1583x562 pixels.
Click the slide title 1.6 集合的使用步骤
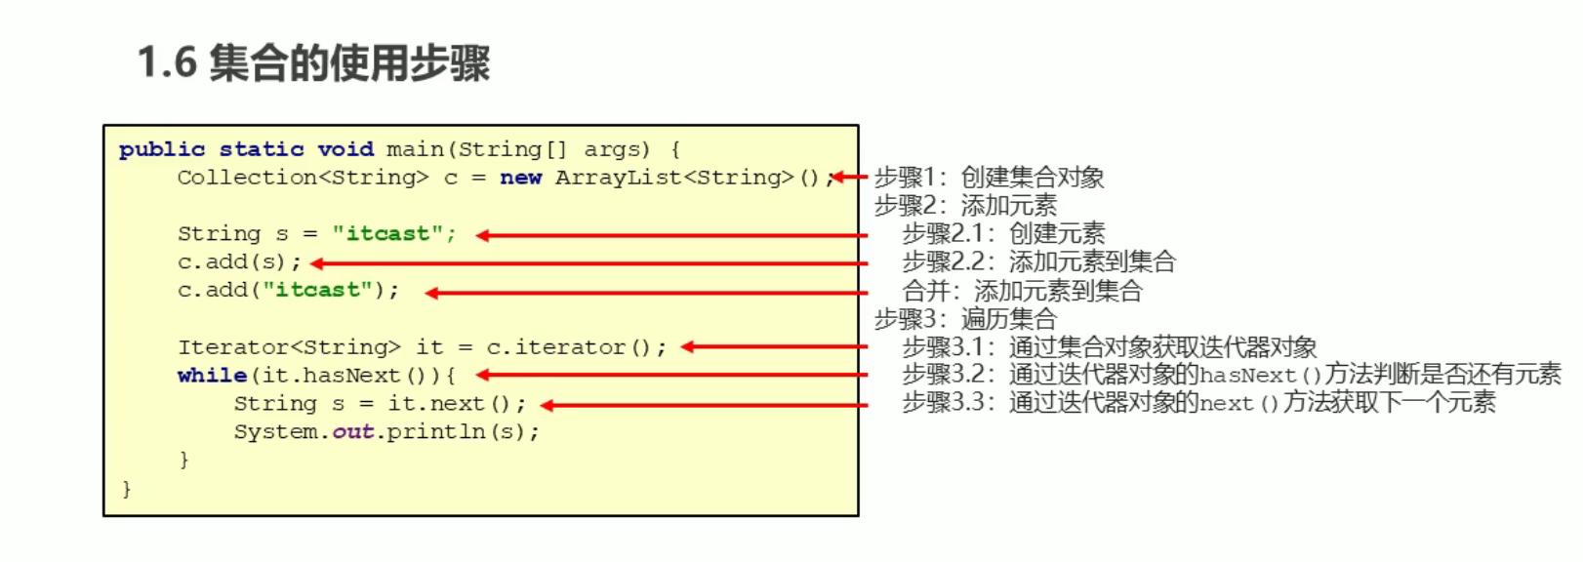click(x=313, y=63)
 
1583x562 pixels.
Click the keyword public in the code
click(x=162, y=149)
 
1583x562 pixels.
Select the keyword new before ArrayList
click(x=520, y=178)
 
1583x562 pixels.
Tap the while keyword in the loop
click(x=212, y=376)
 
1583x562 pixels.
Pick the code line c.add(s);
click(x=239, y=262)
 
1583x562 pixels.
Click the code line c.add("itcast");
click(x=288, y=291)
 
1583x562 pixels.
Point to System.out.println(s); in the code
click(x=386, y=432)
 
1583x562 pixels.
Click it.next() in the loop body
click(x=449, y=404)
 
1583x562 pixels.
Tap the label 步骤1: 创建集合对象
click(x=989, y=178)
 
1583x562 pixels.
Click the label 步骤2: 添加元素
click(x=965, y=206)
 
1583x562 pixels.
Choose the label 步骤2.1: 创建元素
click(x=1003, y=234)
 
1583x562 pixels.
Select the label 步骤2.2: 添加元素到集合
click(x=1038, y=262)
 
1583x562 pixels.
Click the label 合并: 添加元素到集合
click(x=1022, y=291)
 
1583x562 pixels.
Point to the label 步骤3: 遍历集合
click(x=965, y=319)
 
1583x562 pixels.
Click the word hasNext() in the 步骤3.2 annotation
click(x=1260, y=376)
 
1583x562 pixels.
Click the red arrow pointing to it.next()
click(x=704, y=405)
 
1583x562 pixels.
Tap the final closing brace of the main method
click(x=126, y=488)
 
